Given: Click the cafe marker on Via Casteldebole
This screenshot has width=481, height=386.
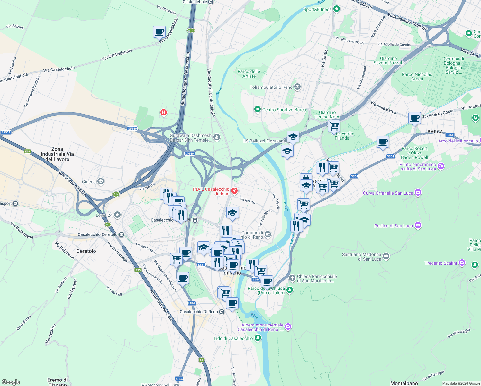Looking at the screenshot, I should pyautogui.click(x=159, y=32).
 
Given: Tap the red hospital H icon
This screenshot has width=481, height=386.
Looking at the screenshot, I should pyautogui.click(x=164, y=112).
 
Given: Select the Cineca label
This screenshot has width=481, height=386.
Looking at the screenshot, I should pyautogui.click(x=89, y=182).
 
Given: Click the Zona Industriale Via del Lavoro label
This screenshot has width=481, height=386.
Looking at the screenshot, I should pyautogui.click(x=57, y=154).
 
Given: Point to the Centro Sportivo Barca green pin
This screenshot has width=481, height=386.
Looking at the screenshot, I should pyautogui.click(x=257, y=110).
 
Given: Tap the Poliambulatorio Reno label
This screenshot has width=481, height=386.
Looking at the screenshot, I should pyautogui.click(x=271, y=87).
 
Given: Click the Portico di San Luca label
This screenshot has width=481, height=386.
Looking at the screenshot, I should pyautogui.click(x=393, y=226).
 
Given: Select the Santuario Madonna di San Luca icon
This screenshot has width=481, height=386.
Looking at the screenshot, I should pyautogui.click(x=386, y=256).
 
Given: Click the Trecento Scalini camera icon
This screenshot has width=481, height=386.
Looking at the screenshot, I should pyautogui.click(x=462, y=263).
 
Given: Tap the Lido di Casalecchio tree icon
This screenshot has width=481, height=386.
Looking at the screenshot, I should pyautogui.click(x=258, y=338).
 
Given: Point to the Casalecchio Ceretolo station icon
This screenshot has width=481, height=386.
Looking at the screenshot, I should pyautogui.click(x=121, y=235).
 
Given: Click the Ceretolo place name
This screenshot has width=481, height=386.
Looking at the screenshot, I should pyautogui.click(x=86, y=251).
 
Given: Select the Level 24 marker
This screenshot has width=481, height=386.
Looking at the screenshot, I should pyautogui.click(x=117, y=215).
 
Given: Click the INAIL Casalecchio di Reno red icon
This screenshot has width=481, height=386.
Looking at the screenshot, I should pyautogui.click(x=234, y=191).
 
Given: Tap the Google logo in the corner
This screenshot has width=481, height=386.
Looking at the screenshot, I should pyautogui.click(x=11, y=382).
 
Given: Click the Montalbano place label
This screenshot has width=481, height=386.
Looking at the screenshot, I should pyautogui.click(x=404, y=383).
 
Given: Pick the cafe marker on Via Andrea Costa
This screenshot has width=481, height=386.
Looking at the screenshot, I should pyautogui.click(x=414, y=118).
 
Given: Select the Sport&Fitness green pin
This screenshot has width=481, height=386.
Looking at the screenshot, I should pyautogui.click(x=337, y=9).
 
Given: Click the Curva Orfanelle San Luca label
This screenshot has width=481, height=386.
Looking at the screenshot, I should pyautogui.click(x=388, y=193).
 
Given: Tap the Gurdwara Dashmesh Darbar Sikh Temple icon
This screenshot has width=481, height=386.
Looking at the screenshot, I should pyautogui.click(x=217, y=138).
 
